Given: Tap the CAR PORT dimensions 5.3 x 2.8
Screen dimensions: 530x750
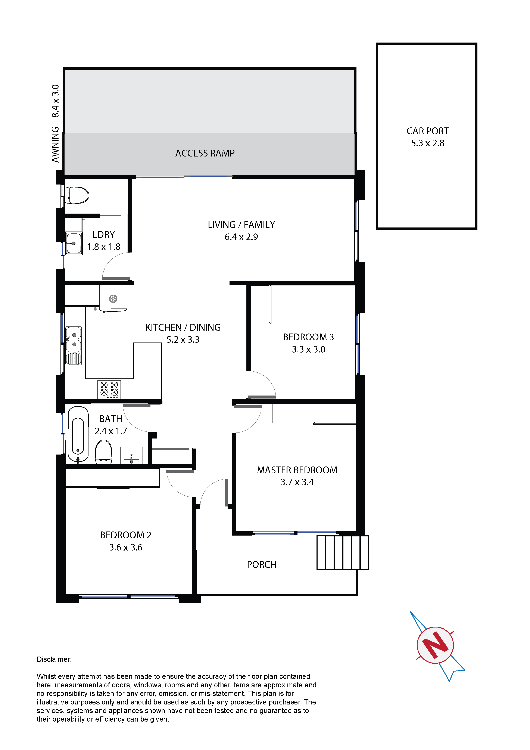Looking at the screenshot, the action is pos(427,143).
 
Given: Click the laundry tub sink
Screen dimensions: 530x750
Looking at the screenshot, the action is pos(74,243).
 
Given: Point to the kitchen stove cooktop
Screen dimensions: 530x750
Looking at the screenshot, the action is pos(109,389).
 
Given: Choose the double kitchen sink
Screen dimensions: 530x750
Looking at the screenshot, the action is pos(74,345).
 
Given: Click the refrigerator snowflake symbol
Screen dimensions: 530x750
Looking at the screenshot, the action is pos(113,298).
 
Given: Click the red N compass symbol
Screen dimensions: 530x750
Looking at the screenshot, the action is pos(435,645).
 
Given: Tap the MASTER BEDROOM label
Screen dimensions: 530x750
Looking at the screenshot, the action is pos(297,470).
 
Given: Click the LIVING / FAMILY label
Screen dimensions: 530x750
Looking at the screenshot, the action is pos(241,225).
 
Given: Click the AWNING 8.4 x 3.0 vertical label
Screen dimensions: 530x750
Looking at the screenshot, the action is pos(55,124).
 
